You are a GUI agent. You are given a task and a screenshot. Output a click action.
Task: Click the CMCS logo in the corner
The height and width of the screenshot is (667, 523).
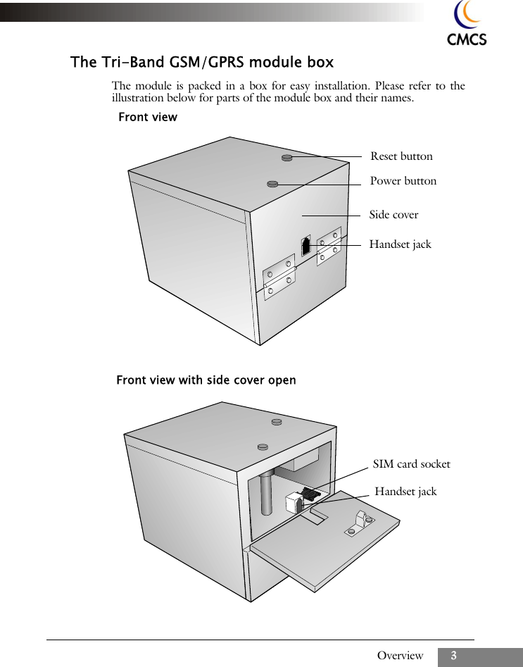(x=467, y=24)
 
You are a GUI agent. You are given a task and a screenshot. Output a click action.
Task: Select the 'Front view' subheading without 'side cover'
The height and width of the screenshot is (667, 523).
(x=148, y=117)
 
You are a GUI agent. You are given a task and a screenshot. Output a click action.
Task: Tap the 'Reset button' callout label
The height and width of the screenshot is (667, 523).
(x=401, y=156)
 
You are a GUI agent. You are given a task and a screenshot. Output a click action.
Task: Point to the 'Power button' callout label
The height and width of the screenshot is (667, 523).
(x=403, y=181)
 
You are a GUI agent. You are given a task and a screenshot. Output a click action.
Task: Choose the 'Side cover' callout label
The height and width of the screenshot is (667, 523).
(x=393, y=215)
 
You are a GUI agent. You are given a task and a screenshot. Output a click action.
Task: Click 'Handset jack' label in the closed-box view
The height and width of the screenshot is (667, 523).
(x=400, y=244)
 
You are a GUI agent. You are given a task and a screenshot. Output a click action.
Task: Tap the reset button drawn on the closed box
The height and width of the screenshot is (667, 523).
(x=287, y=157)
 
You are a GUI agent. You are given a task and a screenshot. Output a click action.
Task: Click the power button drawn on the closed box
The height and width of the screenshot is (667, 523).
(x=273, y=184)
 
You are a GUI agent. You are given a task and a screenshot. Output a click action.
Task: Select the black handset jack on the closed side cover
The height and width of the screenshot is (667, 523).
(x=305, y=245)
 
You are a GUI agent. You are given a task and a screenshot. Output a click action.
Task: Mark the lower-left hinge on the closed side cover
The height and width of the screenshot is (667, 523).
(x=279, y=277)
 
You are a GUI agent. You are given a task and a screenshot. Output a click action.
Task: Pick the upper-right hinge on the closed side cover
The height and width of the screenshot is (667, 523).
(x=329, y=246)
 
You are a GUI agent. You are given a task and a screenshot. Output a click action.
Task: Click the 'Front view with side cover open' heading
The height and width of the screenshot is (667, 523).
(x=206, y=380)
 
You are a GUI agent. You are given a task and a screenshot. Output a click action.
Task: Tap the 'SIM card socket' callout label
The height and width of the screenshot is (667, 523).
(x=411, y=464)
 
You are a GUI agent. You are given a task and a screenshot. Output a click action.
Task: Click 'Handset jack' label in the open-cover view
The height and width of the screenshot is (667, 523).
(x=405, y=492)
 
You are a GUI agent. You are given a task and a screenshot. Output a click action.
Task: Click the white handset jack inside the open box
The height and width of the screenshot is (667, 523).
(x=293, y=504)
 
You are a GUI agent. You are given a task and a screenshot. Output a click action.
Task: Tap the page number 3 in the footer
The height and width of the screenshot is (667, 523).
(x=454, y=656)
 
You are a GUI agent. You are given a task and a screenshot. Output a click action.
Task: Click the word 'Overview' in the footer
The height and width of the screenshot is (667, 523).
(x=400, y=656)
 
